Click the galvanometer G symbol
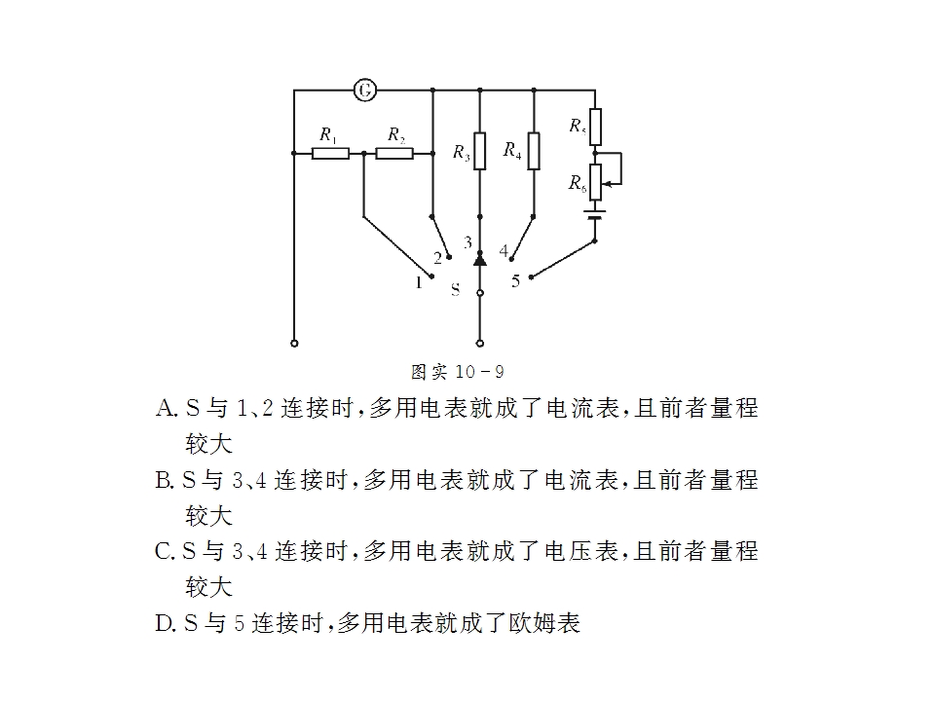pos(365,91)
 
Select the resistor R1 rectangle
pos(330,153)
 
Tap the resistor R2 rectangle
pos(394,153)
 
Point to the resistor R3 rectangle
pos(480,151)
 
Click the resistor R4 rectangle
pos(534,151)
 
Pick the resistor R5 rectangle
pos(595,127)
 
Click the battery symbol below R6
pos(595,214)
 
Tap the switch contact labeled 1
pos(431,276)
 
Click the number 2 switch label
pos(437,258)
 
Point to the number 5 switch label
pos(516,280)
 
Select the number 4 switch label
pos(504,250)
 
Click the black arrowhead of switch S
pos(480,259)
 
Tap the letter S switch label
pos(456,290)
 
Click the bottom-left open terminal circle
pos(294,344)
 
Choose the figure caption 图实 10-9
pos(458,372)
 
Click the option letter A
pos(165,408)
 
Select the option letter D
pos(164,623)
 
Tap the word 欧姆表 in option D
pos(544,623)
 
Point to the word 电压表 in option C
pos(581,551)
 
